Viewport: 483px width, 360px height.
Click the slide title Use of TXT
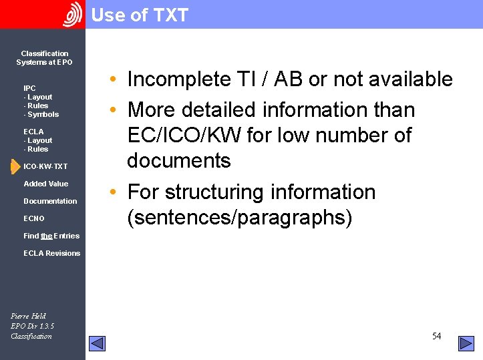(x=140, y=15)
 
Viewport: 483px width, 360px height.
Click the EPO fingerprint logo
(x=72, y=15)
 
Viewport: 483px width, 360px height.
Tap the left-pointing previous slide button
(x=97, y=343)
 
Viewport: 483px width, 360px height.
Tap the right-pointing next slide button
(x=466, y=343)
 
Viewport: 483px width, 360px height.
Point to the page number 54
(x=436, y=336)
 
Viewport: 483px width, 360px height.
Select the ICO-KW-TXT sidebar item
(x=45, y=166)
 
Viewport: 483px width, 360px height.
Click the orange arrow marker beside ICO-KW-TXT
(x=15, y=166)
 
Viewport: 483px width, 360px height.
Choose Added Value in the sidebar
(x=45, y=184)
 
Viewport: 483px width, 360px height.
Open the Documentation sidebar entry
(x=50, y=201)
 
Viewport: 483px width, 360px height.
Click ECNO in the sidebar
(x=34, y=218)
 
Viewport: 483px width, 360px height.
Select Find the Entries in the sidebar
(x=51, y=236)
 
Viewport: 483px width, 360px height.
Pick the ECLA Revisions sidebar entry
(x=51, y=253)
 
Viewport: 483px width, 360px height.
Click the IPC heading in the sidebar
(x=29, y=88)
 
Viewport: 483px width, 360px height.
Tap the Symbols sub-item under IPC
(x=42, y=114)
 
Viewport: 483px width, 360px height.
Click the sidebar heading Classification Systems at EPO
(x=44, y=58)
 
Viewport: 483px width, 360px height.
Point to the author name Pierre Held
(x=28, y=316)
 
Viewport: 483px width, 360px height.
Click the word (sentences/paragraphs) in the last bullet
(x=239, y=218)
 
